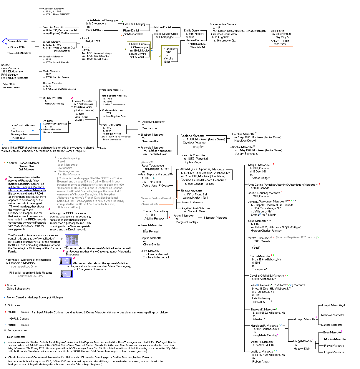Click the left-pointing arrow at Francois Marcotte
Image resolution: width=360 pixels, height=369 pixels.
(x=5, y=41)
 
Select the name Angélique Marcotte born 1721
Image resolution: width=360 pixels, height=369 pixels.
(x=53, y=9)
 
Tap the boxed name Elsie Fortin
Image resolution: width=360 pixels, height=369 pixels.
(x=278, y=31)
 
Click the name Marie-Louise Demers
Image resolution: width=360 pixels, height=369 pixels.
(x=223, y=24)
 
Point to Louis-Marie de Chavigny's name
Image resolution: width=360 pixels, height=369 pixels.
(x=100, y=20)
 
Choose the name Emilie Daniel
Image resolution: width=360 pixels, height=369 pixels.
(x=191, y=31)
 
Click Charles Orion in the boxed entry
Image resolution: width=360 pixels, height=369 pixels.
(x=137, y=44)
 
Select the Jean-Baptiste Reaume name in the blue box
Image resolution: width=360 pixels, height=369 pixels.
(x=23, y=125)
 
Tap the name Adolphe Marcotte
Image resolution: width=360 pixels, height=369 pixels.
(x=193, y=136)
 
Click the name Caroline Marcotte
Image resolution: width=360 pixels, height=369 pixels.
(x=243, y=134)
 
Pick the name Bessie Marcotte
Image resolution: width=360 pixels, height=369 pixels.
(x=192, y=191)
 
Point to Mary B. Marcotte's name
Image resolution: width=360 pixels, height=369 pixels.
(x=259, y=165)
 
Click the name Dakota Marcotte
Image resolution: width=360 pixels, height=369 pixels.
(x=332, y=325)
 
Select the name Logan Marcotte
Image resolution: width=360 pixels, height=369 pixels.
(x=334, y=352)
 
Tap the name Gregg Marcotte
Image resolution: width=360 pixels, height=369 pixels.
(x=303, y=341)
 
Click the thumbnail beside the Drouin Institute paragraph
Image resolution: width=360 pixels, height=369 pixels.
(x=72, y=240)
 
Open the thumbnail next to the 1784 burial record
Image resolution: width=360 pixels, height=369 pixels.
(x=66, y=274)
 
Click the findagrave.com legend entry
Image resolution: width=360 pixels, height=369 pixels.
(x=17, y=330)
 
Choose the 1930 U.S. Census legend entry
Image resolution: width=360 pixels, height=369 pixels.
(x=18, y=319)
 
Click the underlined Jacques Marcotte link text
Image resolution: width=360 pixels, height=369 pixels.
(x=26, y=187)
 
